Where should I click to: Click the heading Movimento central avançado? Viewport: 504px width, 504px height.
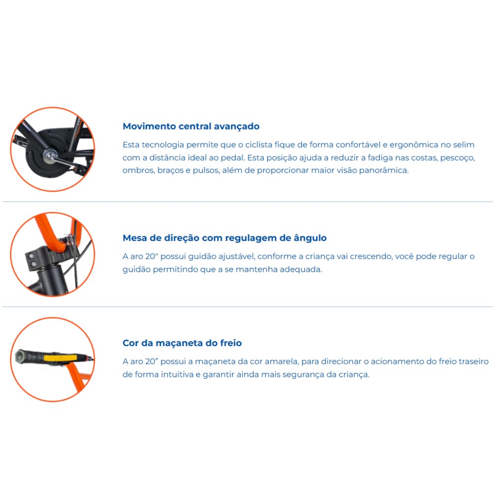pos(191,126)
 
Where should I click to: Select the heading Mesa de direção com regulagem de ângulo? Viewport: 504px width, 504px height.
pos(224,238)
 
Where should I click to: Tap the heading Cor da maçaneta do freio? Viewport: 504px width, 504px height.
pos(182,343)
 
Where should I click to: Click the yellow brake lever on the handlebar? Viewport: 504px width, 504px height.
pos(60,358)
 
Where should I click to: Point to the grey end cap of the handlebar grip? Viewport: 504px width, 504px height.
pos(21,357)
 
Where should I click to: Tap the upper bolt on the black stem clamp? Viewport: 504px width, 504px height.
pos(31,256)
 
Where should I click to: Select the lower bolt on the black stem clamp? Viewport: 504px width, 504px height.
pos(33,264)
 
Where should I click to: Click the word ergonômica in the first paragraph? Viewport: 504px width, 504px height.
pos(414,145)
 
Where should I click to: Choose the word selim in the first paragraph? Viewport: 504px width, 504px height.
pos(464,145)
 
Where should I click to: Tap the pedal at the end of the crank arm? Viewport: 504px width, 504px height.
pos(18,139)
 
